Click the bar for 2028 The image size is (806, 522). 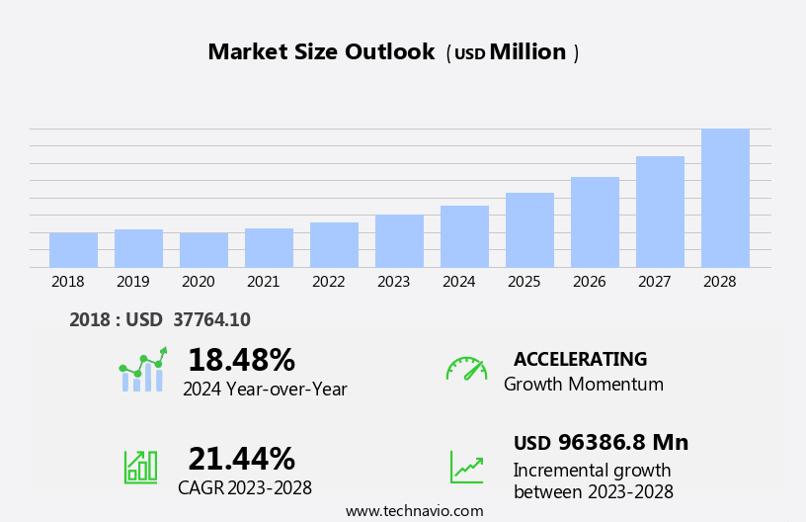pyautogui.click(x=725, y=198)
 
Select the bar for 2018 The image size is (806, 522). pyautogui.click(x=73, y=250)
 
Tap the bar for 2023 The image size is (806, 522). pyautogui.click(x=399, y=241)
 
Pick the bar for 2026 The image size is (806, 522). pyautogui.click(x=595, y=222)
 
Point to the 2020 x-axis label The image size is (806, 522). pyautogui.click(x=198, y=282)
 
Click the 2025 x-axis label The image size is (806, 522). pyautogui.click(x=524, y=282)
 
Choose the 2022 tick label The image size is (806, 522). pyautogui.click(x=328, y=282)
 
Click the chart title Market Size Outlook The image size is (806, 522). pyautogui.click(x=321, y=52)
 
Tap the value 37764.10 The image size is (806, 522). pyautogui.click(x=211, y=319)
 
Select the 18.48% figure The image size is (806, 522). pyautogui.click(x=241, y=360)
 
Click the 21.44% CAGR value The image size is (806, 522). pyautogui.click(x=241, y=459)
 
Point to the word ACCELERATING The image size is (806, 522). pyautogui.click(x=580, y=359)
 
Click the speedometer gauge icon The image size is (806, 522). pyautogui.click(x=466, y=369)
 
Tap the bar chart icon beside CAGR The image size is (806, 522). pyautogui.click(x=140, y=466)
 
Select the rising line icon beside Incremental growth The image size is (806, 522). pyautogui.click(x=466, y=467)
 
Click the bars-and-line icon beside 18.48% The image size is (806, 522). pyautogui.click(x=142, y=370)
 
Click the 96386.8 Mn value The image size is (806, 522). pyautogui.click(x=622, y=443)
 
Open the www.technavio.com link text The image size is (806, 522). pyautogui.click(x=414, y=511)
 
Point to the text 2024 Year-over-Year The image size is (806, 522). pyautogui.click(x=265, y=390)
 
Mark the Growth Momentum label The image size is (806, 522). pyautogui.click(x=583, y=385)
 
